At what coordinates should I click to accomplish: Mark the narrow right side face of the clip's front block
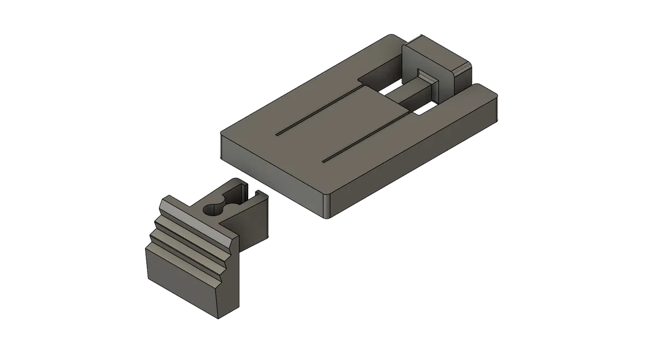[x=230, y=276]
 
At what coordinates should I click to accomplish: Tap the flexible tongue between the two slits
[x=340, y=124]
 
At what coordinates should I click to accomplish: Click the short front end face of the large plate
[x=271, y=173]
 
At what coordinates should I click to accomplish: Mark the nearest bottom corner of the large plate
[x=327, y=218]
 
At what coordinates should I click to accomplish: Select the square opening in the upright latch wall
[x=427, y=81]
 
